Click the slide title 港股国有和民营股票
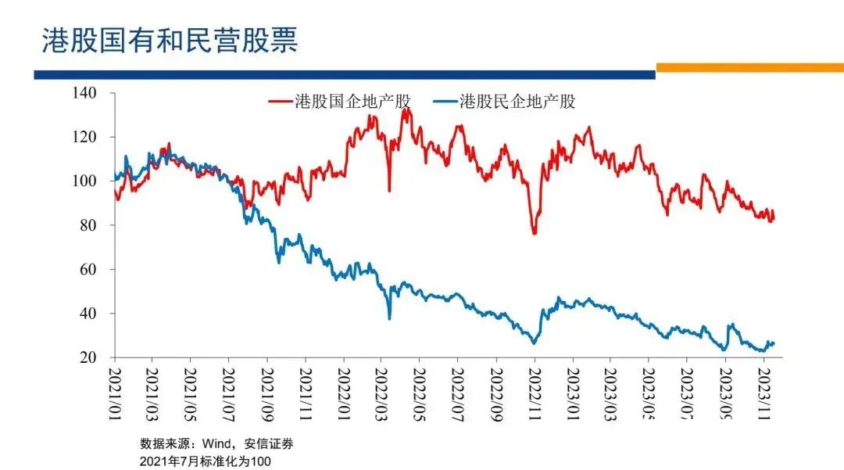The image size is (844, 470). (170, 41)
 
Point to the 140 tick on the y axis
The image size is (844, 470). (84, 93)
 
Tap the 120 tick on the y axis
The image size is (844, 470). (84, 137)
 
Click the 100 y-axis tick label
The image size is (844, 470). (84, 181)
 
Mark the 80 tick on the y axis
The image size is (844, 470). (87, 225)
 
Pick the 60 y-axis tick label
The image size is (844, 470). (87, 269)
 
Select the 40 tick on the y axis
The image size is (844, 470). (87, 314)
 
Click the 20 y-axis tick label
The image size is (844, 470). (87, 357)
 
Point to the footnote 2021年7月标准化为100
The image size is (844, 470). (205, 461)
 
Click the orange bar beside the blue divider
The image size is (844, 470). (749, 68)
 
